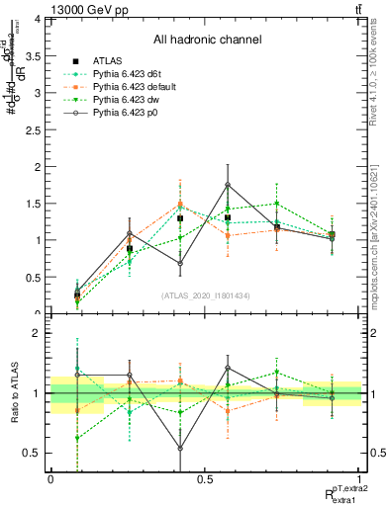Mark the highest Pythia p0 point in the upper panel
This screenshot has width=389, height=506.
pos(228,185)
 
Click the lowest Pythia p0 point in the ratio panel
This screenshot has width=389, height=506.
pos(180,448)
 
